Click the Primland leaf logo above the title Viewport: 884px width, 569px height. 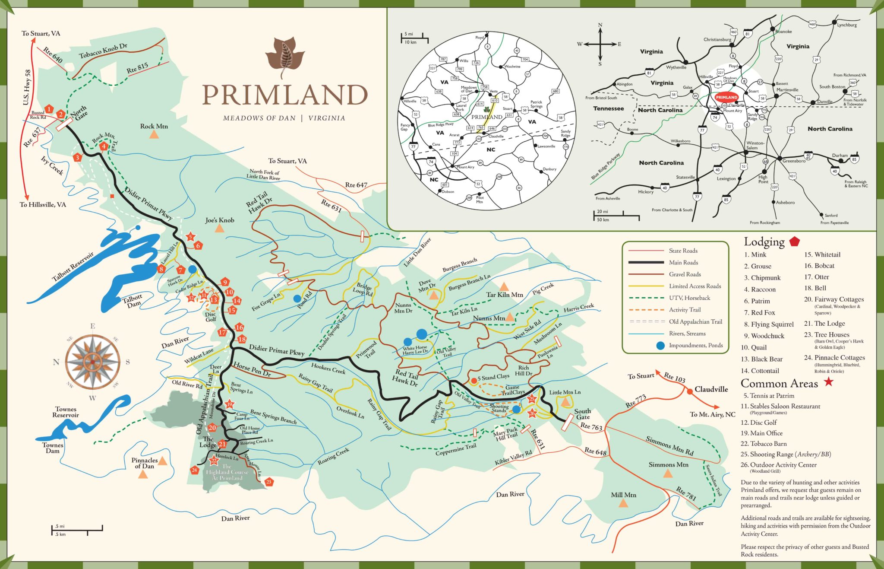click(x=285, y=57)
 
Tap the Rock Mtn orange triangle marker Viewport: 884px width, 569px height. click(x=154, y=135)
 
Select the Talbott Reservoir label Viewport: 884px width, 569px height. click(x=72, y=267)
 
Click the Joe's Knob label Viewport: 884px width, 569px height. click(x=220, y=220)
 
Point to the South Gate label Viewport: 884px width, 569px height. click(x=582, y=414)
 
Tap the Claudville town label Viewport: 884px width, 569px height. click(x=711, y=389)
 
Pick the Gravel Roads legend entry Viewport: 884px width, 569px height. click(x=685, y=274)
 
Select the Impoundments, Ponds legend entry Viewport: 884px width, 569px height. click(x=695, y=345)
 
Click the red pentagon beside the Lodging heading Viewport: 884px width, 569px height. click(x=794, y=242)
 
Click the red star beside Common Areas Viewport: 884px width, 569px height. click(x=828, y=382)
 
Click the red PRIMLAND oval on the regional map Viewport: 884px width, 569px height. click(x=726, y=97)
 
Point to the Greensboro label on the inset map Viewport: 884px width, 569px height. click(x=794, y=161)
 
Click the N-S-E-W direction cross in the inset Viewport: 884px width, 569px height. click(x=600, y=44)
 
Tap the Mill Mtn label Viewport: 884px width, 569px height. click(x=623, y=495)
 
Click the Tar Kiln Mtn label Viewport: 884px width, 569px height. click(x=504, y=295)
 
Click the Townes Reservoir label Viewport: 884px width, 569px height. click(x=66, y=412)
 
